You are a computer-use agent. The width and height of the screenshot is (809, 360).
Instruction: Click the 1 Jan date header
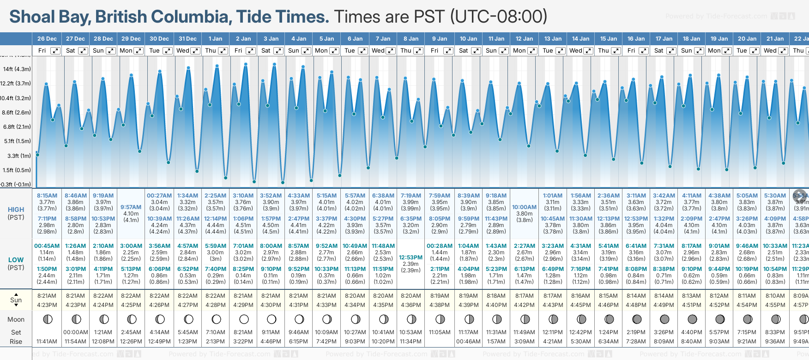[x=215, y=39]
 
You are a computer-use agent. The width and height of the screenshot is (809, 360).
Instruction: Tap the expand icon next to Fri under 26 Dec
[x=55, y=51]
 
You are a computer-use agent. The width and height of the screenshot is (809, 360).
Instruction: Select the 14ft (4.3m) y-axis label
[x=17, y=69]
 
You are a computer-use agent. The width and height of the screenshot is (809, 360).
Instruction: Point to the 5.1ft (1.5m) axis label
[x=17, y=141]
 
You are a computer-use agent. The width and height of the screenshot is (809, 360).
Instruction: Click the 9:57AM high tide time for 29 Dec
[x=131, y=207]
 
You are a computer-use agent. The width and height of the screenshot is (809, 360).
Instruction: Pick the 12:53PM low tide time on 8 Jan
[x=411, y=258]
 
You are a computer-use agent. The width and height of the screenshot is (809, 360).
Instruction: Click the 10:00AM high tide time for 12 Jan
[x=524, y=207]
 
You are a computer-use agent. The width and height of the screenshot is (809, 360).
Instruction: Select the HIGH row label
[x=16, y=210]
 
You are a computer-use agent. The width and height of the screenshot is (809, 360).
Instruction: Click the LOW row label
[x=16, y=260]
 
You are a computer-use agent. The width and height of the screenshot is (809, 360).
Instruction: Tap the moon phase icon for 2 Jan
[x=244, y=319]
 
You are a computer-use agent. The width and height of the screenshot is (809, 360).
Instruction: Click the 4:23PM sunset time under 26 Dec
[x=47, y=305]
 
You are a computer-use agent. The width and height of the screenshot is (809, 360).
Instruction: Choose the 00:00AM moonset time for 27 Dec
[x=75, y=332]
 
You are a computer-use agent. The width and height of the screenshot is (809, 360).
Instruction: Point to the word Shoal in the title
[x=31, y=17]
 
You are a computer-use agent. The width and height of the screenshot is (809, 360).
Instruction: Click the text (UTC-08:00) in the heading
[x=499, y=17]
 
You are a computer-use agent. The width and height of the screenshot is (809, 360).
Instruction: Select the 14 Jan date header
[x=580, y=39]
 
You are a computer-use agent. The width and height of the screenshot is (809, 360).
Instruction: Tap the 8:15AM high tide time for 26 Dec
[x=47, y=196]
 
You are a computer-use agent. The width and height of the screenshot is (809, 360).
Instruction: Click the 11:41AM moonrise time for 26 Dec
[x=47, y=342]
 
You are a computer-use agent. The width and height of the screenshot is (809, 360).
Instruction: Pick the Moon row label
[x=16, y=319]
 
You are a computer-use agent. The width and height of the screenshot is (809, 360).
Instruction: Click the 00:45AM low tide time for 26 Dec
[x=47, y=246]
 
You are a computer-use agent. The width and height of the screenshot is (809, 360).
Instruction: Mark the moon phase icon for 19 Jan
[x=720, y=319]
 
